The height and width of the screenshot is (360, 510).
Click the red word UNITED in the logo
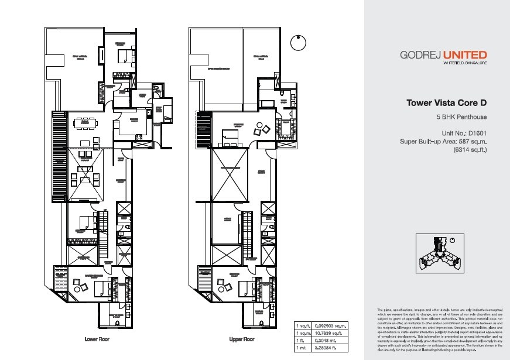pos(464,56)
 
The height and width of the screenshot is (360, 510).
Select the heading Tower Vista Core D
pos(447,103)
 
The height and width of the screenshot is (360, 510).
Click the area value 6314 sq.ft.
pos(470,150)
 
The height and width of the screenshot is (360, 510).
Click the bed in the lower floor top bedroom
pos(124,56)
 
